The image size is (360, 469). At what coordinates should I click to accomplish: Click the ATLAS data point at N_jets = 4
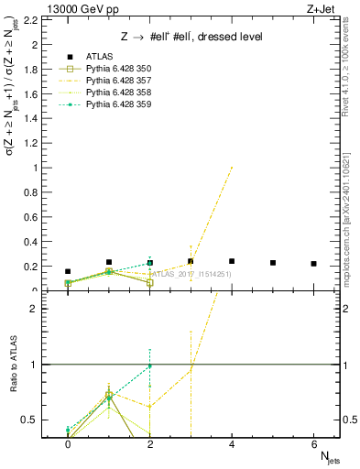tap(232, 261)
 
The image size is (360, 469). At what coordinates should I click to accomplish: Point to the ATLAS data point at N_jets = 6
tap(314, 264)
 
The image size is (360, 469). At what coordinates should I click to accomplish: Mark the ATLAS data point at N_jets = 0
tap(68, 271)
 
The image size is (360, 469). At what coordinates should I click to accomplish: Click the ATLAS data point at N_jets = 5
tap(273, 263)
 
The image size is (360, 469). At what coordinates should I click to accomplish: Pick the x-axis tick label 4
tap(232, 444)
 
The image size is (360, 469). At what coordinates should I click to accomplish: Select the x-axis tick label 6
tap(314, 444)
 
